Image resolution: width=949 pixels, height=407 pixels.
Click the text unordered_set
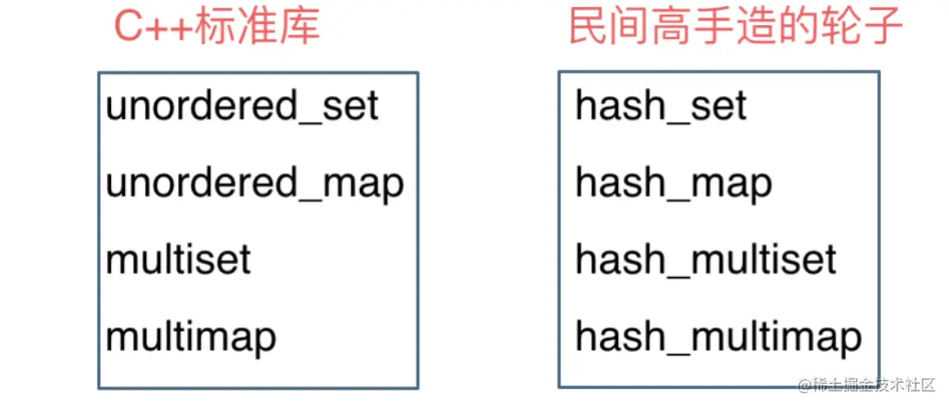[242, 107]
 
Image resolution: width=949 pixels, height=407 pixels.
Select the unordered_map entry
[255, 183]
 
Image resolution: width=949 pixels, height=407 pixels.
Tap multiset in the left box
[178, 259]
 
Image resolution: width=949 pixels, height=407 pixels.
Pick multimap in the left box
[190, 336]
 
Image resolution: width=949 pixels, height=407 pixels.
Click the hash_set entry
[661, 107]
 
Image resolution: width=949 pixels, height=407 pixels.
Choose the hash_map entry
[673, 183]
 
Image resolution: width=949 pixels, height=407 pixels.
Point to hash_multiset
[706, 259]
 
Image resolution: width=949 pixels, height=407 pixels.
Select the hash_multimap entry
[718, 336]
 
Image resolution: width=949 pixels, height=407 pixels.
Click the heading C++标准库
[217, 28]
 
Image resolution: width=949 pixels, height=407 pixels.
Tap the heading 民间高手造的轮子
[735, 28]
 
